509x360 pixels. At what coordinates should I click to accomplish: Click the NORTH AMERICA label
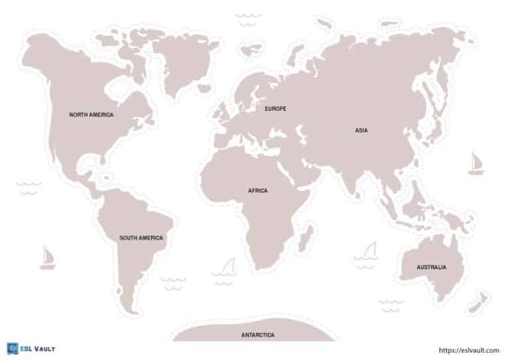91,115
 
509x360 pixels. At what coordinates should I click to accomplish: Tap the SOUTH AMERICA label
141,237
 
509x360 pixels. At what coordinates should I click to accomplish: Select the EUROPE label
275,109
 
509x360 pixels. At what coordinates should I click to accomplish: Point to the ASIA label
361,131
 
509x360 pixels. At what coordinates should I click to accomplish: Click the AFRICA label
258,191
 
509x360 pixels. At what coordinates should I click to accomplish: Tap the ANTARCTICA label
258,335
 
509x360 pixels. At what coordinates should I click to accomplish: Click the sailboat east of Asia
475,163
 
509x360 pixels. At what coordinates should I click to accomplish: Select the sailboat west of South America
47,258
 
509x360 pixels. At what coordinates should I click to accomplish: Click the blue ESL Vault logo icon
11,348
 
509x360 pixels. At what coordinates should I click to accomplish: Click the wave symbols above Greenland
248,19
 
